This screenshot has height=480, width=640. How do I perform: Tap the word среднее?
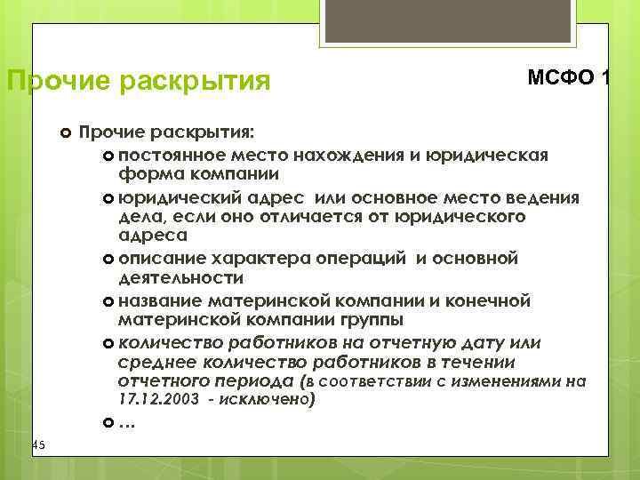[x=156, y=362]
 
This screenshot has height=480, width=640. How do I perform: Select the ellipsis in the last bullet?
[x=126, y=422]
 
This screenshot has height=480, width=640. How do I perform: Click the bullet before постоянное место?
[x=108, y=157]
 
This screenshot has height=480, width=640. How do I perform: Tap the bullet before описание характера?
[x=108, y=260]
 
